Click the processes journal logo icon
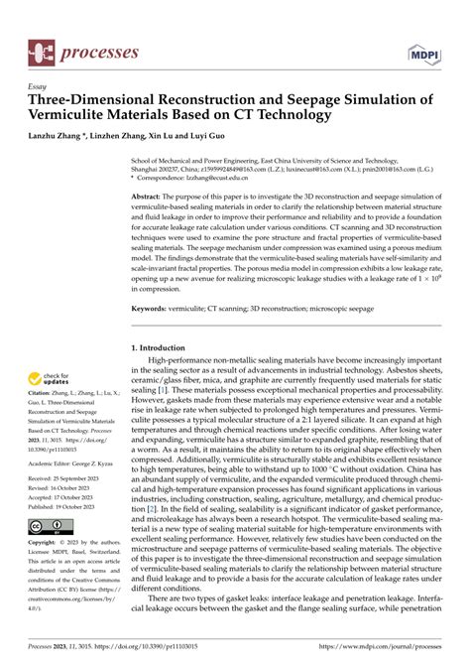click(x=42, y=50)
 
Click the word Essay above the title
click(x=40, y=86)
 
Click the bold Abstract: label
click(x=149, y=199)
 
